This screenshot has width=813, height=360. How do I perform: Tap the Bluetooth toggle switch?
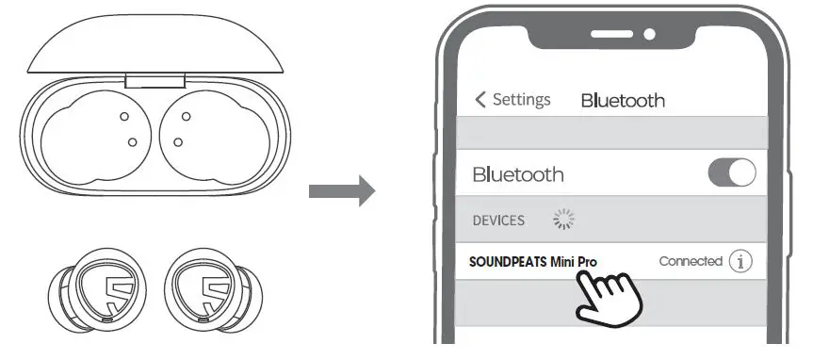click(731, 172)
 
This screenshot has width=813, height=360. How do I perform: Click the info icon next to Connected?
click(741, 262)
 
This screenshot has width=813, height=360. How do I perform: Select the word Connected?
click(691, 261)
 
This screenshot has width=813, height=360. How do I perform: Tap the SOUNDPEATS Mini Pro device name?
click(533, 261)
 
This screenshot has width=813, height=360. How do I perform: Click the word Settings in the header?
click(521, 100)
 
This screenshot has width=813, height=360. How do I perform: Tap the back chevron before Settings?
click(481, 100)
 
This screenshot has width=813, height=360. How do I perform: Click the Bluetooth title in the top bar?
click(623, 100)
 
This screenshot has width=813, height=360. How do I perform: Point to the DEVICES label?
click(498, 221)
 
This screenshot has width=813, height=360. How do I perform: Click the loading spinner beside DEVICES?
click(562, 221)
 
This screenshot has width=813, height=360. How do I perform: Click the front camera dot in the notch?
click(648, 34)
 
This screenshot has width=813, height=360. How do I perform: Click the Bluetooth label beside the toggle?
click(517, 174)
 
